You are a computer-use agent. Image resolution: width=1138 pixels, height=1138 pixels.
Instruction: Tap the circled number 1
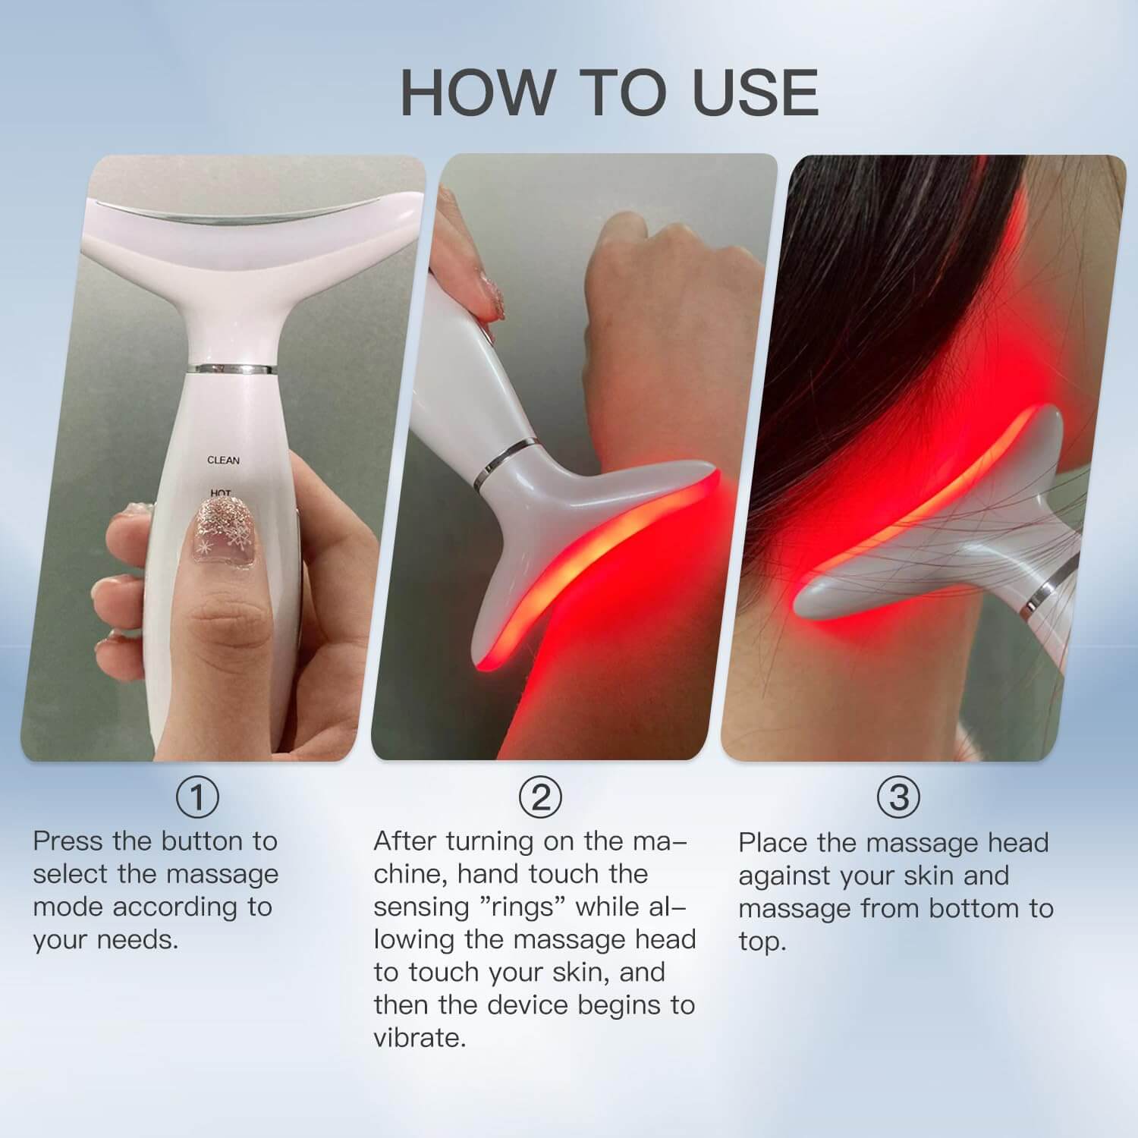197,797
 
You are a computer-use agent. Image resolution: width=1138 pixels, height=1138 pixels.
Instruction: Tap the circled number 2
540,797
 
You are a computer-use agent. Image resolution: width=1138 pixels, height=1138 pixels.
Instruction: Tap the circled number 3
898,797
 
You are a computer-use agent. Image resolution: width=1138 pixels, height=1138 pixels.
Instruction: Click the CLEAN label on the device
223,461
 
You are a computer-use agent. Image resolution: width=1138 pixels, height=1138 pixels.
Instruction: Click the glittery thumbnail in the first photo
221,531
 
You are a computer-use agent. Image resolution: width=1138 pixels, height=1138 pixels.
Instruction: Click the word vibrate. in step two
420,1038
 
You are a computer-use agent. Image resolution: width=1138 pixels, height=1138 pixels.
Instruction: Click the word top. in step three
762,942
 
